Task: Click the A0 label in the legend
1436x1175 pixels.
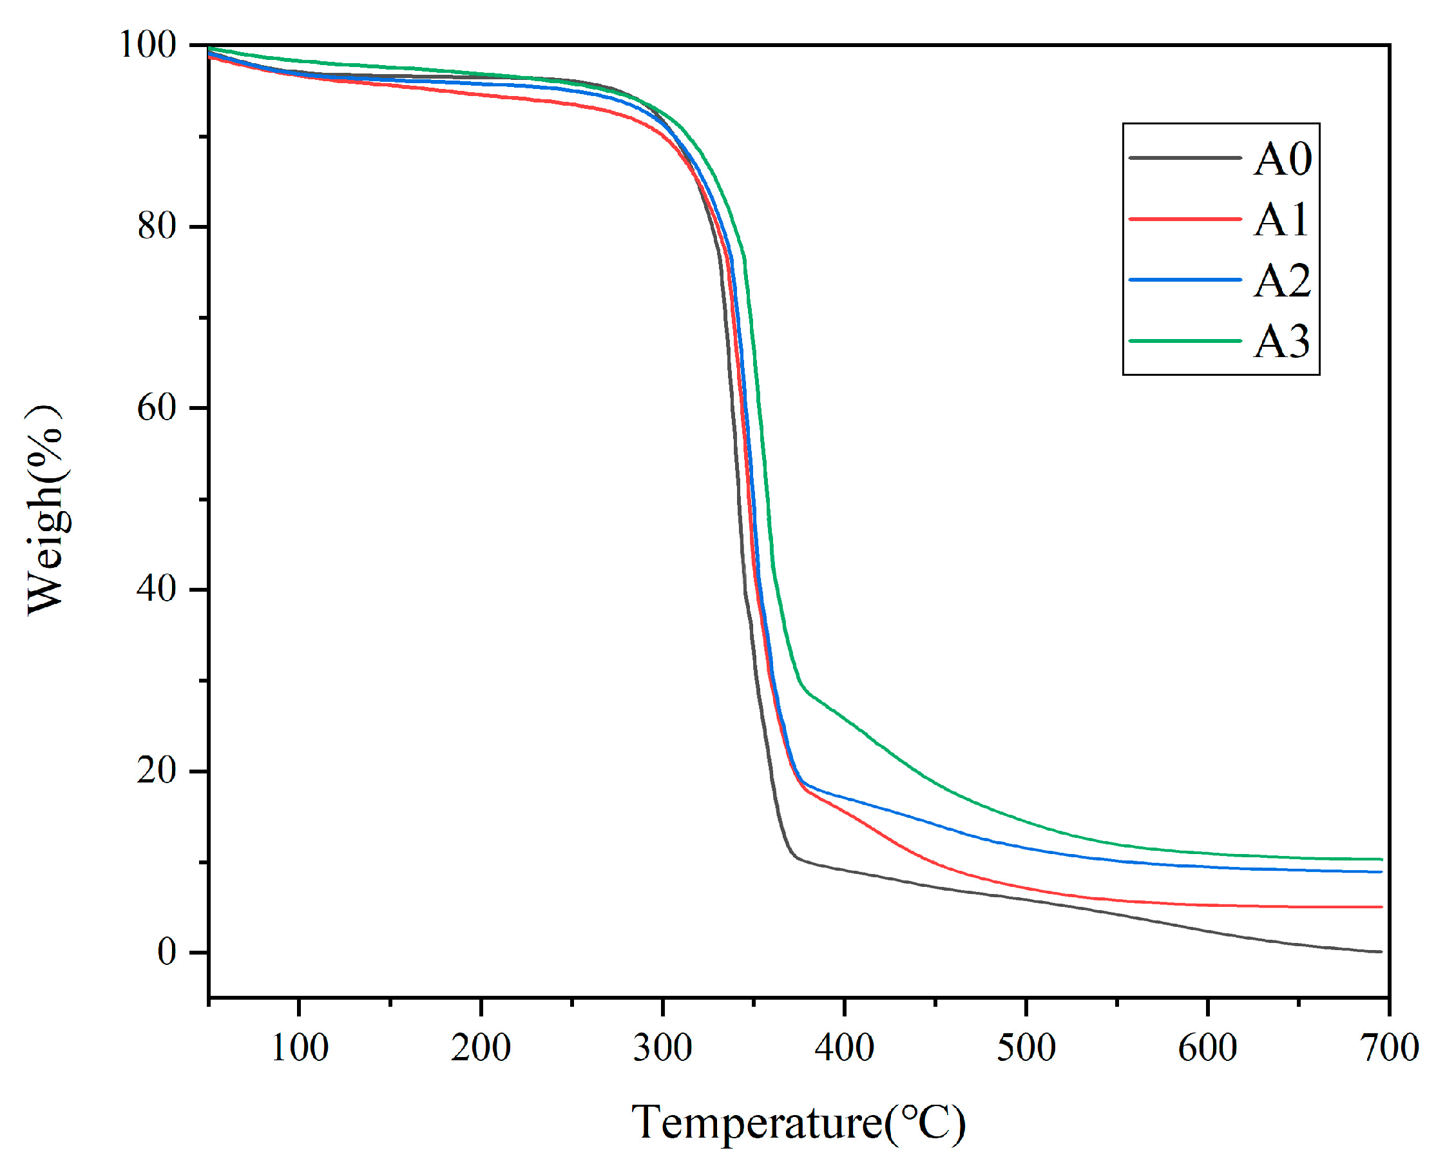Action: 1282,159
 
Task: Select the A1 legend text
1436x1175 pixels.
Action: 1282,219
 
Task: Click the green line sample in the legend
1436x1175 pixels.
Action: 1185,340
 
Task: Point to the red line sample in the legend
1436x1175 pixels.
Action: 1185,219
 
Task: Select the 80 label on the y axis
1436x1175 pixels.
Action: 157,226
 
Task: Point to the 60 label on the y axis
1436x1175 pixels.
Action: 157,407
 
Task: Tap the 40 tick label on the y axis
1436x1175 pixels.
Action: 157,589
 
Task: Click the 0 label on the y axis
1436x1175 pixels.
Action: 166,953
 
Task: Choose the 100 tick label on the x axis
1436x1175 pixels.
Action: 299,1048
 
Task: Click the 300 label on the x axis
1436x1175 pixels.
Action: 662,1048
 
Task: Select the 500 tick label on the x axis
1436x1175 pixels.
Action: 1026,1048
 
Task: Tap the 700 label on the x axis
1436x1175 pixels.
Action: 1389,1048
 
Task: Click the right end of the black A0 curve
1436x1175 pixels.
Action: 1381,951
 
